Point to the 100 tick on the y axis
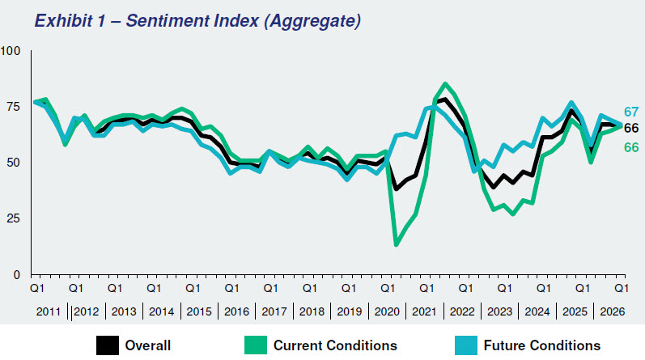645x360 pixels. coord(11,51)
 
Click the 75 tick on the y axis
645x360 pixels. coord(14,107)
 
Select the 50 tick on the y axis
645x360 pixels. coord(14,163)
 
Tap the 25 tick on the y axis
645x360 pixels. coord(14,218)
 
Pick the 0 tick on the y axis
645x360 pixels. coord(17,275)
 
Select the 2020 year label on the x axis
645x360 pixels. coord(389,311)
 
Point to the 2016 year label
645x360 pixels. coord(236,311)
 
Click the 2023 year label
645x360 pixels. coord(499,311)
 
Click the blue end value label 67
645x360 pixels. coord(631,112)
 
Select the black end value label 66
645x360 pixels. coord(631,129)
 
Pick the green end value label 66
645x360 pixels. coord(631,146)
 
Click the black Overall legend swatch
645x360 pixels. coord(107,345)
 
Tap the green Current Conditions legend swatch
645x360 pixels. coord(256,345)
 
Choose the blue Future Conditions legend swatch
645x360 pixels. coord(466,345)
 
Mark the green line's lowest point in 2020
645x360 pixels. coord(397,244)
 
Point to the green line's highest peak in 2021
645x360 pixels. coord(446,84)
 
